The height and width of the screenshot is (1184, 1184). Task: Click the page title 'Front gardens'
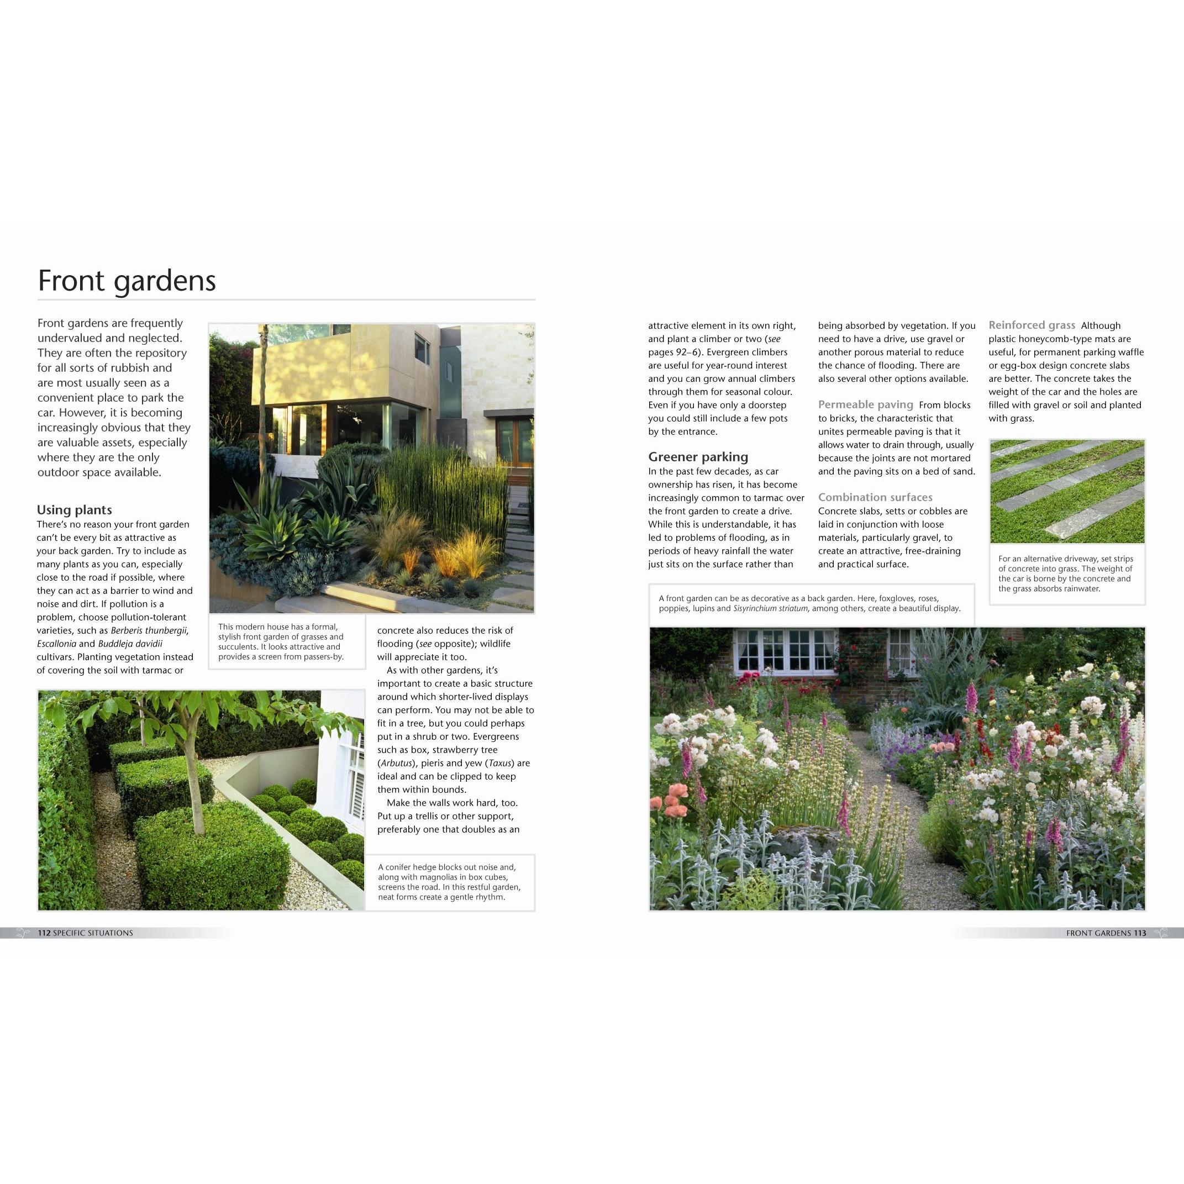click(x=127, y=281)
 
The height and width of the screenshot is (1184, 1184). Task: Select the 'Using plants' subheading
click(x=74, y=510)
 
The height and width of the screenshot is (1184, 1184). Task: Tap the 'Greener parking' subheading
click(x=698, y=456)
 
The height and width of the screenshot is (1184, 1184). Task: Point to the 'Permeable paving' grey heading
click(x=865, y=404)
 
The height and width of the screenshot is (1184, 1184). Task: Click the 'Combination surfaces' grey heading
click(x=875, y=497)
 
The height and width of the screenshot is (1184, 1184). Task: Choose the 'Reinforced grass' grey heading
click(x=1032, y=325)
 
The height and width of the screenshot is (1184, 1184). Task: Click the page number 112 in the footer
click(x=44, y=933)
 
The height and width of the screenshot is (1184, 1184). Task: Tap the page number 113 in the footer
click(x=1139, y=933)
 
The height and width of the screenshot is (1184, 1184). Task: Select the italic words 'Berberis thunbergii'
click(x=149, y=630)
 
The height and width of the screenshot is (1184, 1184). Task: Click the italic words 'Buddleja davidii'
click(x=130, y=644)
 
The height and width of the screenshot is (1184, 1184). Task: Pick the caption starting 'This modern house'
click(x=281, y=641)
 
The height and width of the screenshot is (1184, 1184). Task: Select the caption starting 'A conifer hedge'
click(x=449, y=882)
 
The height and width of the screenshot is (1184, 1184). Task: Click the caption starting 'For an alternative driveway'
click(x=1066, y=573)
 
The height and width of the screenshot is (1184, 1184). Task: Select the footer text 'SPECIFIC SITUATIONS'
click(x=93, y=933)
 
